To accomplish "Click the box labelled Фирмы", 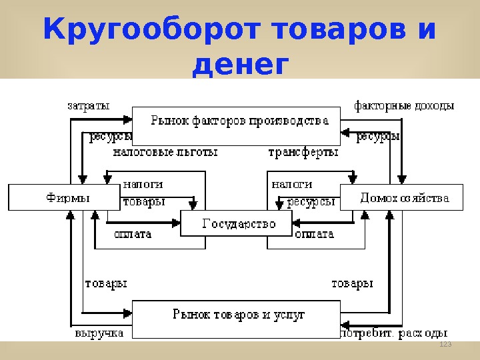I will pos(67,197).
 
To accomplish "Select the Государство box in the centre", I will pos(238,224).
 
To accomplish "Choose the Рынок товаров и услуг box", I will pos(238,314).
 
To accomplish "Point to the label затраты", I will pos(88,105).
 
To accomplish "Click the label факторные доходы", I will pos(404,105).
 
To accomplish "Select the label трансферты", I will pos(303,152).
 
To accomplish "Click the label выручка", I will pos(99,333).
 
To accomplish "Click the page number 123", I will pos(445,343).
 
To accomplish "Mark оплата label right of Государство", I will pos(314,234).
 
